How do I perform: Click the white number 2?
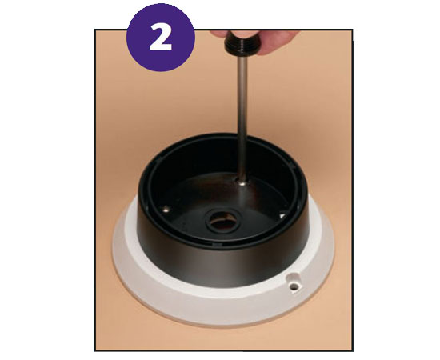(161, 38)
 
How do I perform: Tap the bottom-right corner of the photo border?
(353, 350)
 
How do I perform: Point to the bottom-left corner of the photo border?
(95, 350)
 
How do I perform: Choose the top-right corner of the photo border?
(353, 30)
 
